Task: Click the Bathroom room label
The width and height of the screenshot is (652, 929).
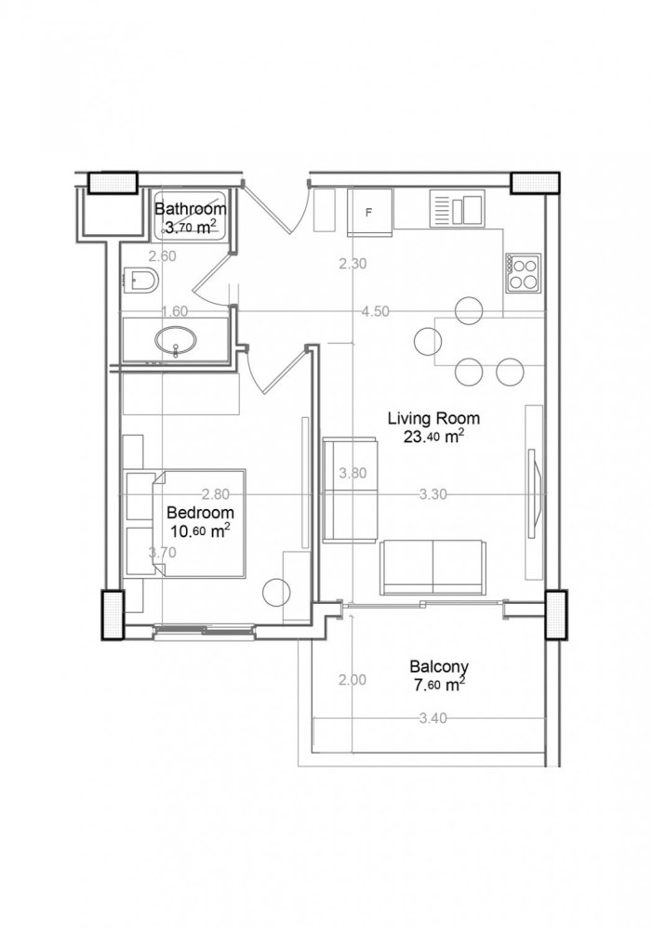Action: pos(188,207)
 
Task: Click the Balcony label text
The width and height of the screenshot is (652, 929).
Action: pos(437,666)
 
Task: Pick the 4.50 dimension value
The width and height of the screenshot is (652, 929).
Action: pos(375,312)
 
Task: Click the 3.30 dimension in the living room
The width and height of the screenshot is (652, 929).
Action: pos(434,495)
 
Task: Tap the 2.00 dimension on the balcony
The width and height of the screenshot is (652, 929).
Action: pos(353,680)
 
